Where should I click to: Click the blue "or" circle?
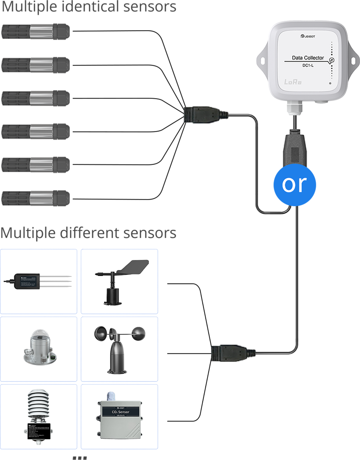pyautogui.click(x=295, y=184)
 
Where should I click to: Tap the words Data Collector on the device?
pyautogui.click(x=308, y=58)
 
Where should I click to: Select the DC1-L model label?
pyautogui.click(x=308, y=66)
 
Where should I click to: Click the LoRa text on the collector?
pyautogui.click(x=293, y=82)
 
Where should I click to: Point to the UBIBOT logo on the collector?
pyautogui.click(x=308, y=36)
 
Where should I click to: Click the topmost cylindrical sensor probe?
pyautogui.click(x=35, y=32)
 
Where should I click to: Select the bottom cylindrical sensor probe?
pyautogui.click(x=35, y=198)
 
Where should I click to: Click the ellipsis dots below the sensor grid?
pyautogui.click(x=80, y=457)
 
